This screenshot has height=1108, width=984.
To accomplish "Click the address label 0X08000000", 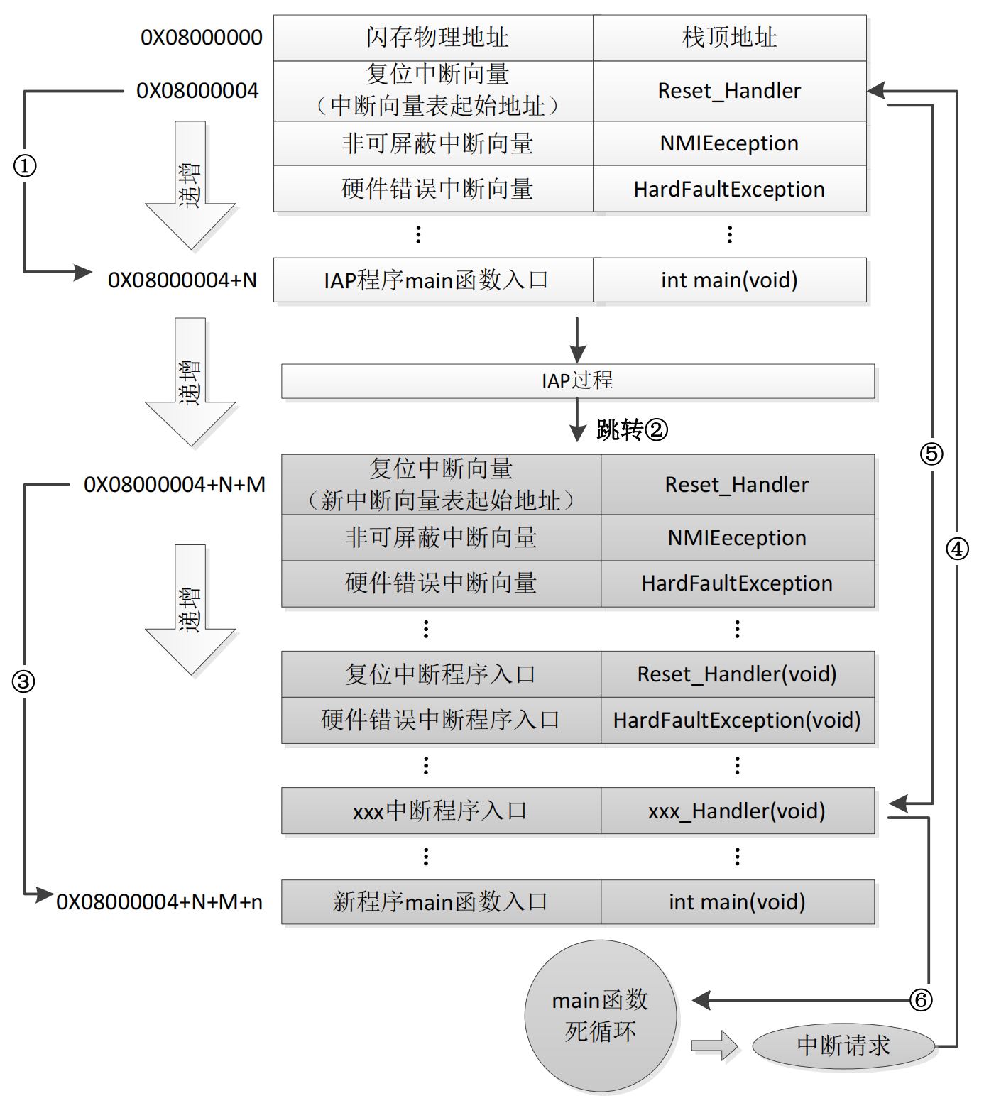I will click(x=201, y=37).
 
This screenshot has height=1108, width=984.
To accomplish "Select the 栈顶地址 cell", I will click(x=729, y=38).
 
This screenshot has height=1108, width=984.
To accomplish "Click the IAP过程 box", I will click(x=577, y=381).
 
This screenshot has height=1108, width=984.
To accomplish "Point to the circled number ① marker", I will click(x=25, y=166).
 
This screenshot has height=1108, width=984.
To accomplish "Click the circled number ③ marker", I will click(x=23, y=681).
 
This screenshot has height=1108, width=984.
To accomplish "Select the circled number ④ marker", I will click(x=957, y=549).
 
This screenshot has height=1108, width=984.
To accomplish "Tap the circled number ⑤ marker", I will click(x=931, y=454).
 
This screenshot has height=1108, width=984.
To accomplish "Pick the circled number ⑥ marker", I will click(x=921, y=1000).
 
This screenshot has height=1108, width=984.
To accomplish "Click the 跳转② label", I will click(x=631, y=429).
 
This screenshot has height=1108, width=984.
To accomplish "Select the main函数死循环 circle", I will click(x=600, y=1015).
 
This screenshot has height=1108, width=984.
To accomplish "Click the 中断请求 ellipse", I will click(x=843, y=1046).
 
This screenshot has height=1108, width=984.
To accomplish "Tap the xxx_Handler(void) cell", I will click(x=737, y=811).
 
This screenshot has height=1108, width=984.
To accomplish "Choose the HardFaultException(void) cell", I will click(x=737, y=720).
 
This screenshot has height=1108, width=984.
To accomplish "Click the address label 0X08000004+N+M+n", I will click(x=159, y=901).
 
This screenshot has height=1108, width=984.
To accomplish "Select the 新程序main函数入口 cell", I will click(x=440, y=901).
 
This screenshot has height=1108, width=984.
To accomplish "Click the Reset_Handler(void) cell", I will click(x=737, y=674).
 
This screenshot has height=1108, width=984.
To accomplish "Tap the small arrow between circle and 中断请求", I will click(x=714, y=1045).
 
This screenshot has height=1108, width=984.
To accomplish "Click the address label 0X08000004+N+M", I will click(x=174, y=485).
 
